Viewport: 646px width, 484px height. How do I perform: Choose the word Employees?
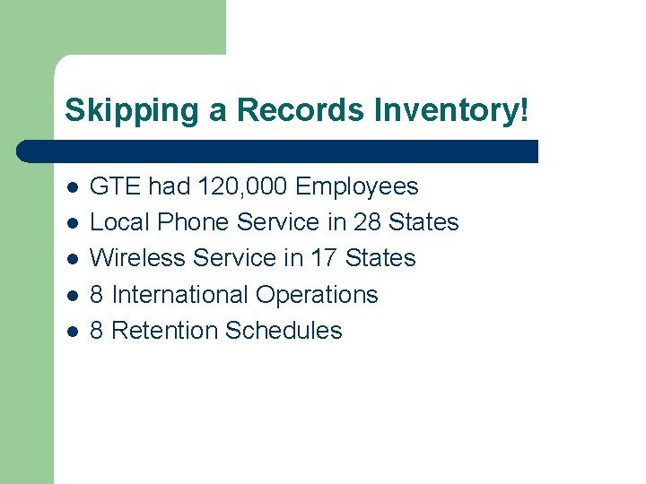(x=357, y=186)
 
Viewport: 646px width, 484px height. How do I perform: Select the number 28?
(x=368, y=222)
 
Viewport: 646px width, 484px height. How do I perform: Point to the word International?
(x=180, y=295)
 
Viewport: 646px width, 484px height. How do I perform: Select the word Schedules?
(x=284, y=331)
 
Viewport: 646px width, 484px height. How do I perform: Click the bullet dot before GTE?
(x=72, y=188)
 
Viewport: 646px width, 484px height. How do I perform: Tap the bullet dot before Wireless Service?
(x=72, y=260)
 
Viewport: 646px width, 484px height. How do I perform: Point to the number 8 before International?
(x=98, y=295)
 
